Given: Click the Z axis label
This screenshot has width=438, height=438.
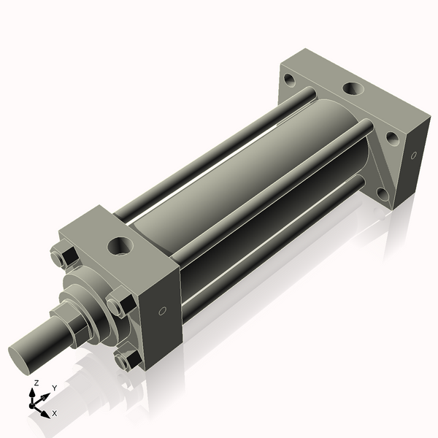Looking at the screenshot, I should [x=36, y=383].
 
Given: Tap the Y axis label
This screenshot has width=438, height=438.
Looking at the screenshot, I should [x=55, y=388].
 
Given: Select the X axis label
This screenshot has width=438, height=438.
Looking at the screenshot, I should [x=55, y=413].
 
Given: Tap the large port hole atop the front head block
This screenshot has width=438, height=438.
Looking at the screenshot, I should [x=119, y=245].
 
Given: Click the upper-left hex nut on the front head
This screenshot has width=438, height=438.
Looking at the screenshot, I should [x=61, y=259].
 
